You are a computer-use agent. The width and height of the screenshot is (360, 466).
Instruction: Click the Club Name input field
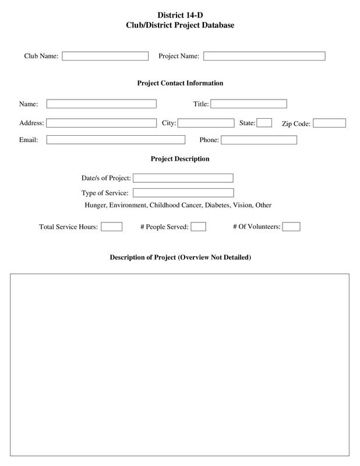(x=105, y=56)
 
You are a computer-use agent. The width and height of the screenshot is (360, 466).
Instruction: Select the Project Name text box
(x=264, y=56)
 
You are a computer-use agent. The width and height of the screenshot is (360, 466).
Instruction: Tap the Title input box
(x=249, y=104)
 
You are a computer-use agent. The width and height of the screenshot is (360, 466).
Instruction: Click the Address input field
(x=101, y=123)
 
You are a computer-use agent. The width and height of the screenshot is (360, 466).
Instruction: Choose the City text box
(x=206, y=123)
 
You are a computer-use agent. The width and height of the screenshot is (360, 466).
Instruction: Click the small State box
(x=264, y=122)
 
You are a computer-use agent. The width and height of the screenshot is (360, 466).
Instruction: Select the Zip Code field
(x=330, y=123)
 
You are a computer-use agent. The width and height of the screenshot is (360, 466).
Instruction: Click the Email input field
(x=115, y=140)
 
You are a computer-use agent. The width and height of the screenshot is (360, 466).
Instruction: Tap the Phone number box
(x=259, y=140)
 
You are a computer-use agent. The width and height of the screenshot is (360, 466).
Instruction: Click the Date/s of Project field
(x=183, y=178)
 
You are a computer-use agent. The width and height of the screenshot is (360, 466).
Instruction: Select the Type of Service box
(x=183, y=193)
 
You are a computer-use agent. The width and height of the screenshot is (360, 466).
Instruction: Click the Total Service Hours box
(x=111, y=227)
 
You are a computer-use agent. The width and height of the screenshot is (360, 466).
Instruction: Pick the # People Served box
(x=198, y=227)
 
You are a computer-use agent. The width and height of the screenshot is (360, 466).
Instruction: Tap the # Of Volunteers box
(x=291, y=227)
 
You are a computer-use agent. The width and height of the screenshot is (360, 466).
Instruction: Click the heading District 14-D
(x=180, y=15)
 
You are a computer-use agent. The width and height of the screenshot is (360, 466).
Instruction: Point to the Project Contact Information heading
(x=180, y=83)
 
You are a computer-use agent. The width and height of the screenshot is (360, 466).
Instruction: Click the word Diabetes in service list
(x=217, y=206)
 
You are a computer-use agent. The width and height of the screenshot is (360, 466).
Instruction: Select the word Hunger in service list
(x=96, y=206)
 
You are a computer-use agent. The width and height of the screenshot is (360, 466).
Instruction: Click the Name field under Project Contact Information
(x=101, y=104)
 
